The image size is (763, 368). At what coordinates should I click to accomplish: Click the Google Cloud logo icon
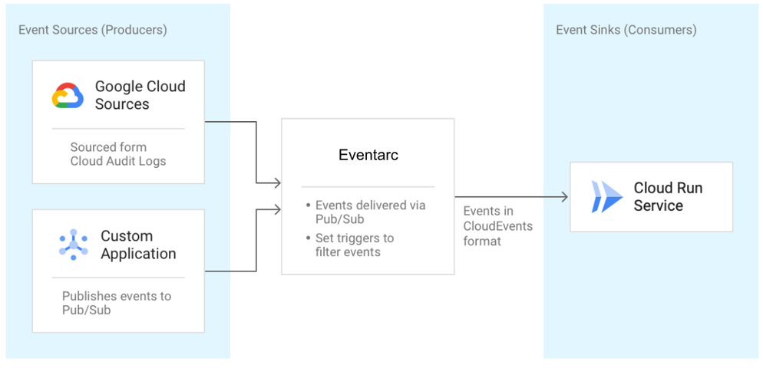[68, 96]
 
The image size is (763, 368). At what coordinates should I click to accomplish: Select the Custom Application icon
[73, 245]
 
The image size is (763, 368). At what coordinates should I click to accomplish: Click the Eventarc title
[368, 155]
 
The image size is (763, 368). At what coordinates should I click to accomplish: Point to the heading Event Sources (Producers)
[92, 30]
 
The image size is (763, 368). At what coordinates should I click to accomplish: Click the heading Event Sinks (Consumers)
[626, 30]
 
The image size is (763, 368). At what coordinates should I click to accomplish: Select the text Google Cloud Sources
[140, 95]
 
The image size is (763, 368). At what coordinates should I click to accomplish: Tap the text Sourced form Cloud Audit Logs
[118, 154]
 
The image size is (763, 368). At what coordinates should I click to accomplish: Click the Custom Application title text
[138, 245]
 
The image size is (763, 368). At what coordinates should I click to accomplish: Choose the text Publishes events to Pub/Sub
[117, 303]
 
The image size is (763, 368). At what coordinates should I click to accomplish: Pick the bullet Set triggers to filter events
[354, 245]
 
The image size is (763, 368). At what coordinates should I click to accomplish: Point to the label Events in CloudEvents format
[497, 226]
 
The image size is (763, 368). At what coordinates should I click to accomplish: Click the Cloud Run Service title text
[668, 196]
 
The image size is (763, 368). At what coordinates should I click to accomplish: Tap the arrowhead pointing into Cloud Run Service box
[564, 197]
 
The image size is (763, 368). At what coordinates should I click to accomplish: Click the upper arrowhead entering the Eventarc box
[276, 182]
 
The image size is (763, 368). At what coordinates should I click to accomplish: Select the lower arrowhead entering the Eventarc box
[276, 209]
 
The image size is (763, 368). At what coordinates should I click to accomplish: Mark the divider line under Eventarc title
[368, 186]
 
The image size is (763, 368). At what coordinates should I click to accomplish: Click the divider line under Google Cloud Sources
[118, 128]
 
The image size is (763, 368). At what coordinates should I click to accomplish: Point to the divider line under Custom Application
[118, 278]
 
